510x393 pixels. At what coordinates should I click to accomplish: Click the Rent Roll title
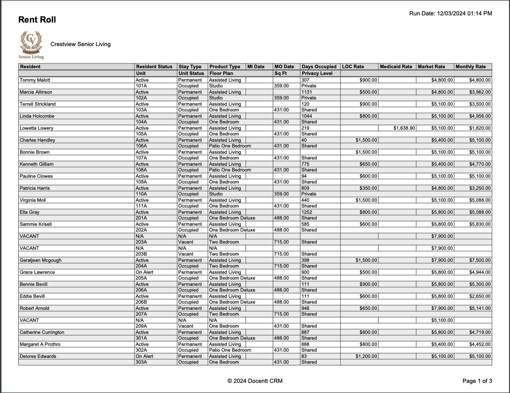pos(37,20)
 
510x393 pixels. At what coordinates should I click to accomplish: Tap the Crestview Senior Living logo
pos(31,44)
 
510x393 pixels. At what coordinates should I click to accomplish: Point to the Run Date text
pos(450,13)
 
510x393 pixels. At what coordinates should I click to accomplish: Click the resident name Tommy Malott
pos(35,80)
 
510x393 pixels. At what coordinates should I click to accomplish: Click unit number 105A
pos(141,134)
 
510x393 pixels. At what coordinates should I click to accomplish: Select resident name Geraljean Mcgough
pos(40,260)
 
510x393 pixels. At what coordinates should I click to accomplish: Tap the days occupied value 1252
pos(307,212)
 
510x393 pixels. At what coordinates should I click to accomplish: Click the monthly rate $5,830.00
pos(479,224)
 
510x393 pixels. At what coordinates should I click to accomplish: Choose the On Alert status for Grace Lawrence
pos(145,272)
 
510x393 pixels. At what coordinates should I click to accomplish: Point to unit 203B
pos(141,254)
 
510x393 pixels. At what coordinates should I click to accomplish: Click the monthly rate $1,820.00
pos(479,128)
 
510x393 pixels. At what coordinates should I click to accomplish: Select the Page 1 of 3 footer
pos(477,381)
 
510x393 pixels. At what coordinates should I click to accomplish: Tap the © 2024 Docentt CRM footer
pos(255,381)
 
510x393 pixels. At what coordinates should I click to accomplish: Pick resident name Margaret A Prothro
pos(40,344)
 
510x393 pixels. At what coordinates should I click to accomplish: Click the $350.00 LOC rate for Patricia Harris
pos(369,188)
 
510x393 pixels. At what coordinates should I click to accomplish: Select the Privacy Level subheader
pos(317,74)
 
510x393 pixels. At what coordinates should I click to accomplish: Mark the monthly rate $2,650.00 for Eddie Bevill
pos(479,296)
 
